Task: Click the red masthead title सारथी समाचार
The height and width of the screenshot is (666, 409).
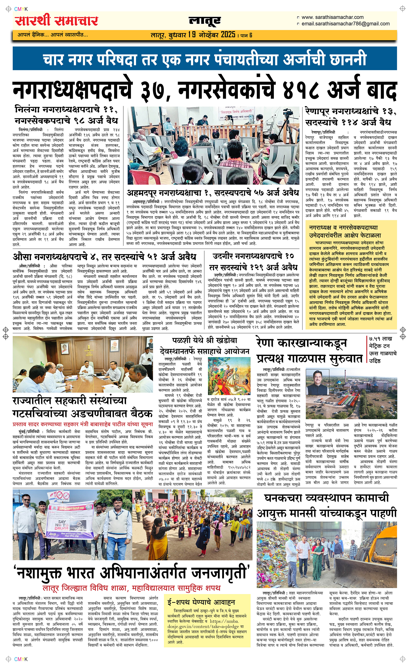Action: (x=56, y=21)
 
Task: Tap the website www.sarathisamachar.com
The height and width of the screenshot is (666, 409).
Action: (x=333, y=17)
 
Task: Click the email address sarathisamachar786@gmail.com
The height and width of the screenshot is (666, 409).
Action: (x=345, y=24)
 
